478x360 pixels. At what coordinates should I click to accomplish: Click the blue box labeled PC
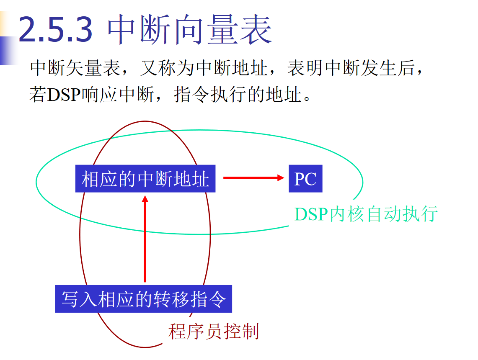coord(305,179)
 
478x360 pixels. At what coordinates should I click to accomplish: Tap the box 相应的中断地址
coord(145,179)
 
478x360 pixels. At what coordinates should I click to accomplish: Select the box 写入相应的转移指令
coord(143,299)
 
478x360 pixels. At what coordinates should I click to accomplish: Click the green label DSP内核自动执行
coord(366,214)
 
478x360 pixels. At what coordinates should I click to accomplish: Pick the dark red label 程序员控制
coord(213,332)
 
